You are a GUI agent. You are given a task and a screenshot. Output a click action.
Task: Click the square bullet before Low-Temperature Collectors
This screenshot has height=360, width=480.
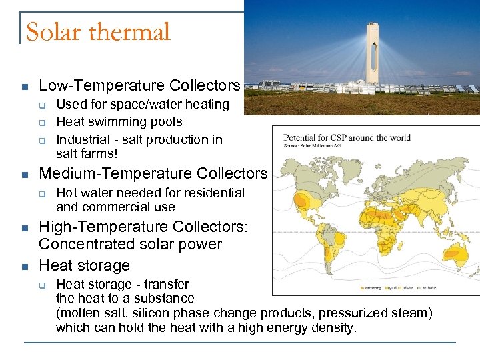pyautogui.click(x=24, y=87)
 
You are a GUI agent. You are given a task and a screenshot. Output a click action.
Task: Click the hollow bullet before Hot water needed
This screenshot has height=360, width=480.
pyautogui.click(x=41, y=193)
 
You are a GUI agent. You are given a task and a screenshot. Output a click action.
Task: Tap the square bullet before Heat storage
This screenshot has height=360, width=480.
pyautogui.click(x=24, y=266)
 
